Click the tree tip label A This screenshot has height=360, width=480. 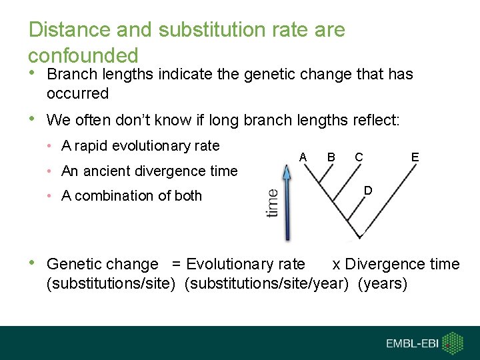click(x=303, y=157)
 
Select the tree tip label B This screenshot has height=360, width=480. click(x=331, y=157)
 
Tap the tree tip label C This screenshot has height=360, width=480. click(x=359, y=157)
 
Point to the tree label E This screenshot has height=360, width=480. click(x=415, y=157)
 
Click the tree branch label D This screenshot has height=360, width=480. click(x=368, y=191)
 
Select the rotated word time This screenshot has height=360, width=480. click(x=272, y=203)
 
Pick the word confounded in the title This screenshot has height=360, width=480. click(x=83, y=55)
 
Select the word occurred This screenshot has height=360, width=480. click(x=77, y=93)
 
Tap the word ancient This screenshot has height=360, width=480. click(x=110, y=171)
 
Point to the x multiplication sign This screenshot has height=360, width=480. click(x=336, y=265)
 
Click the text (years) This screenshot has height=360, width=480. click(x=383, y=284)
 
